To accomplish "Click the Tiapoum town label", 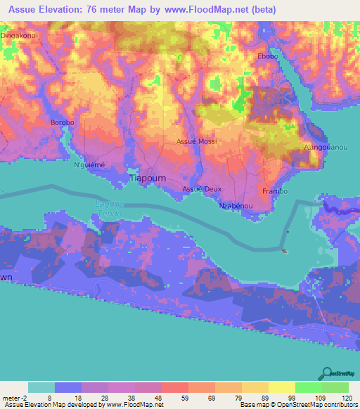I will pos(148,179).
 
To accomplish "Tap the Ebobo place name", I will pos(268,57).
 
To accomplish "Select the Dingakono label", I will pos(18,34).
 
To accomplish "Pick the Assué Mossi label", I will pos(196,141).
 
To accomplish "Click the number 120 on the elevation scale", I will pos(346,396).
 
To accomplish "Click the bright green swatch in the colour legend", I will pos(309,387).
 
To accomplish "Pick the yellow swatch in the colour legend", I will pos(282,387).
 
